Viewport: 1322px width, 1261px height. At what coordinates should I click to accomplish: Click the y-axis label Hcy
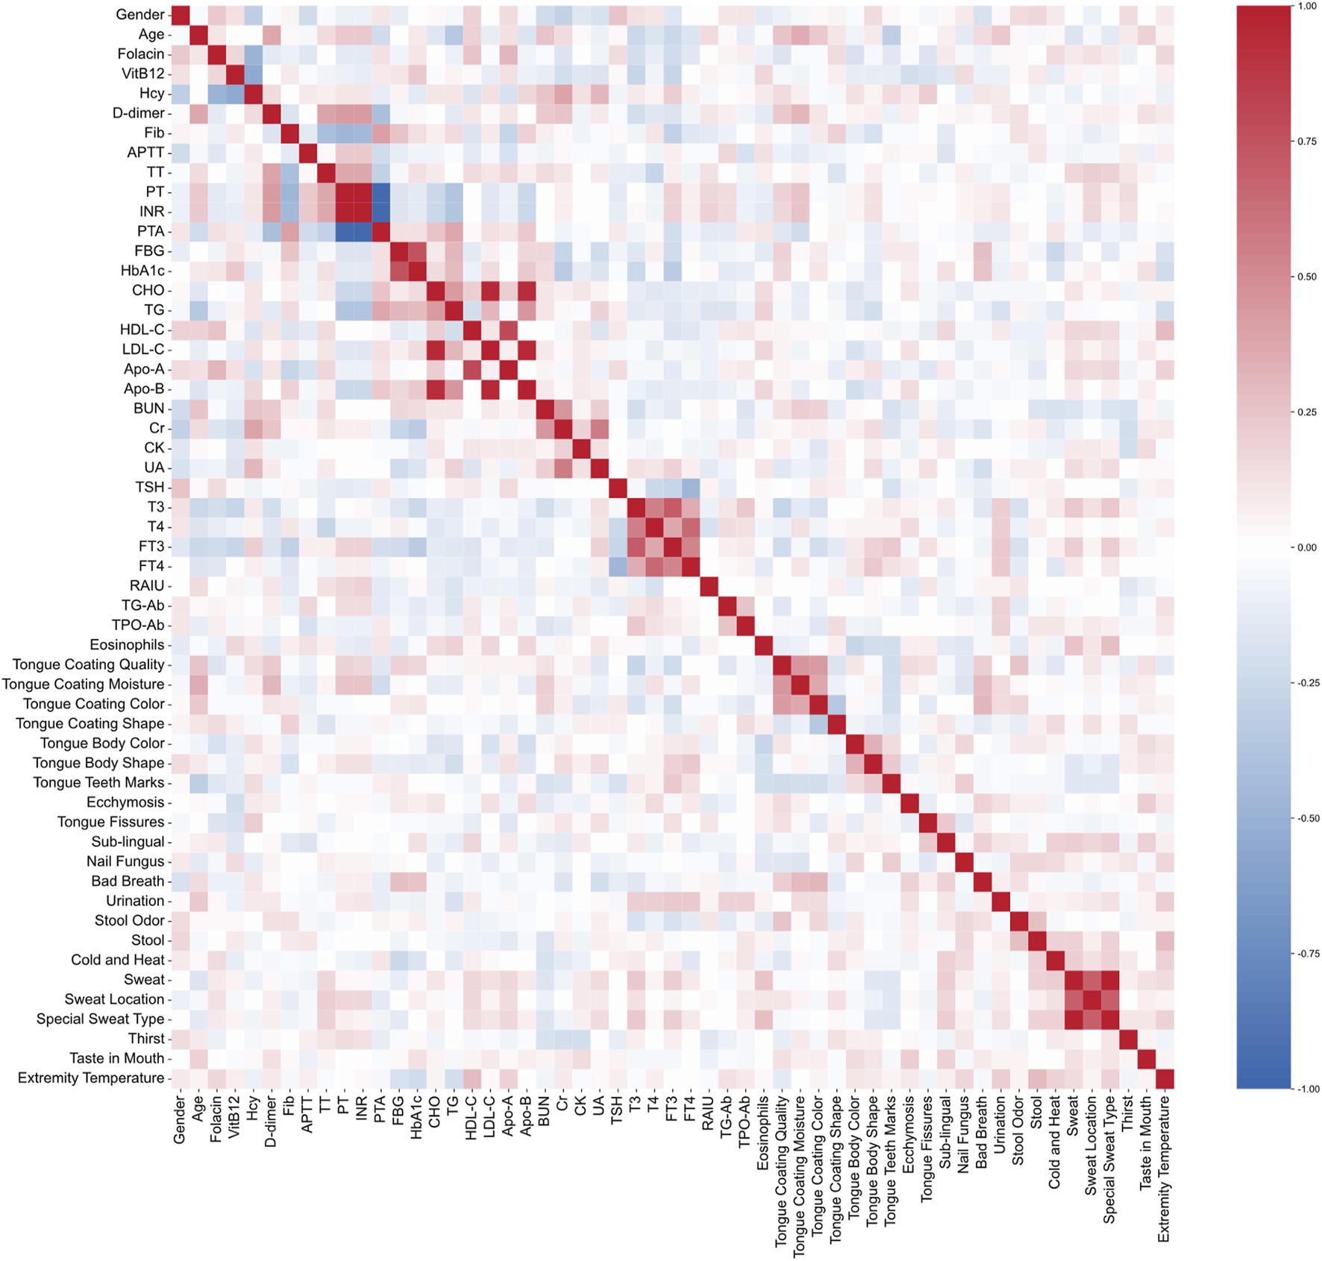click(x=151, y=93)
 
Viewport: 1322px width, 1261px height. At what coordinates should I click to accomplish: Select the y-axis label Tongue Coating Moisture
click(x=83, y=684)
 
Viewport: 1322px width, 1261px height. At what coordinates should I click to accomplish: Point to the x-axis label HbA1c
click(x=416, y=1119)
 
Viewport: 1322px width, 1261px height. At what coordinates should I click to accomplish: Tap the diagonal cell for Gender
click(x=180, y=14)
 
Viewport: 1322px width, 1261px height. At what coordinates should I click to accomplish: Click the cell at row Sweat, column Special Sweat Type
click(x=1109, y=979)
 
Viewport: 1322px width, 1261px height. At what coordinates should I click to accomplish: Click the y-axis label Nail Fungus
click(x=125, y=861)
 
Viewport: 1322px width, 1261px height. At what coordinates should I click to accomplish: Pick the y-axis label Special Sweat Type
click(x=100, y=1019)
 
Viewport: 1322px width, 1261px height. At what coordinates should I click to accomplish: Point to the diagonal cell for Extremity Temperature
click(x=1164, y=1078)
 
